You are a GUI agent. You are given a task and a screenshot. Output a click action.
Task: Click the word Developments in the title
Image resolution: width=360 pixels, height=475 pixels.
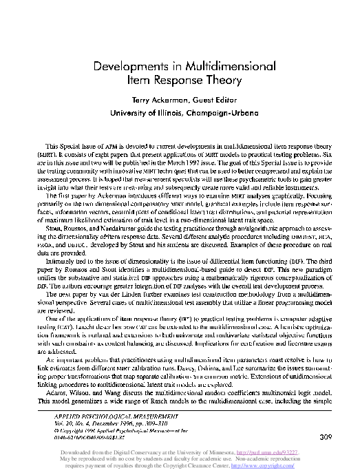[x=131, y=65]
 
